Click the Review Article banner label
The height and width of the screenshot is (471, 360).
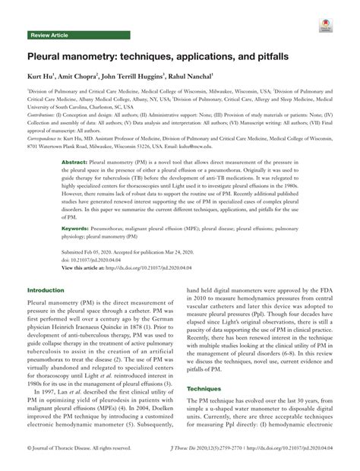(x=49, y=35)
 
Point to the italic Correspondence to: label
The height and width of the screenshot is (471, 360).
(x=49, y=141)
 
